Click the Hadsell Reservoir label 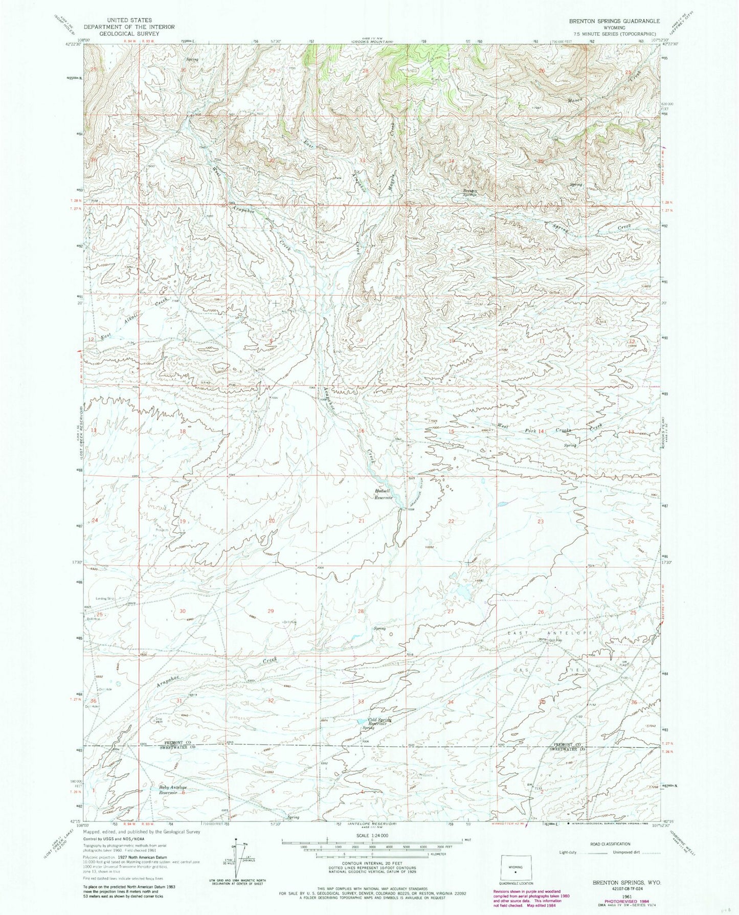click(384, 494)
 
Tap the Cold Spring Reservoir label click(379, 720)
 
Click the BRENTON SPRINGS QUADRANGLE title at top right click(614, 21)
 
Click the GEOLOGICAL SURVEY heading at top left click(129, 33)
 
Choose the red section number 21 click(362, 521)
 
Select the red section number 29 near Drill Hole click(271, 611)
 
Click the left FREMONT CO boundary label click(177, 742)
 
